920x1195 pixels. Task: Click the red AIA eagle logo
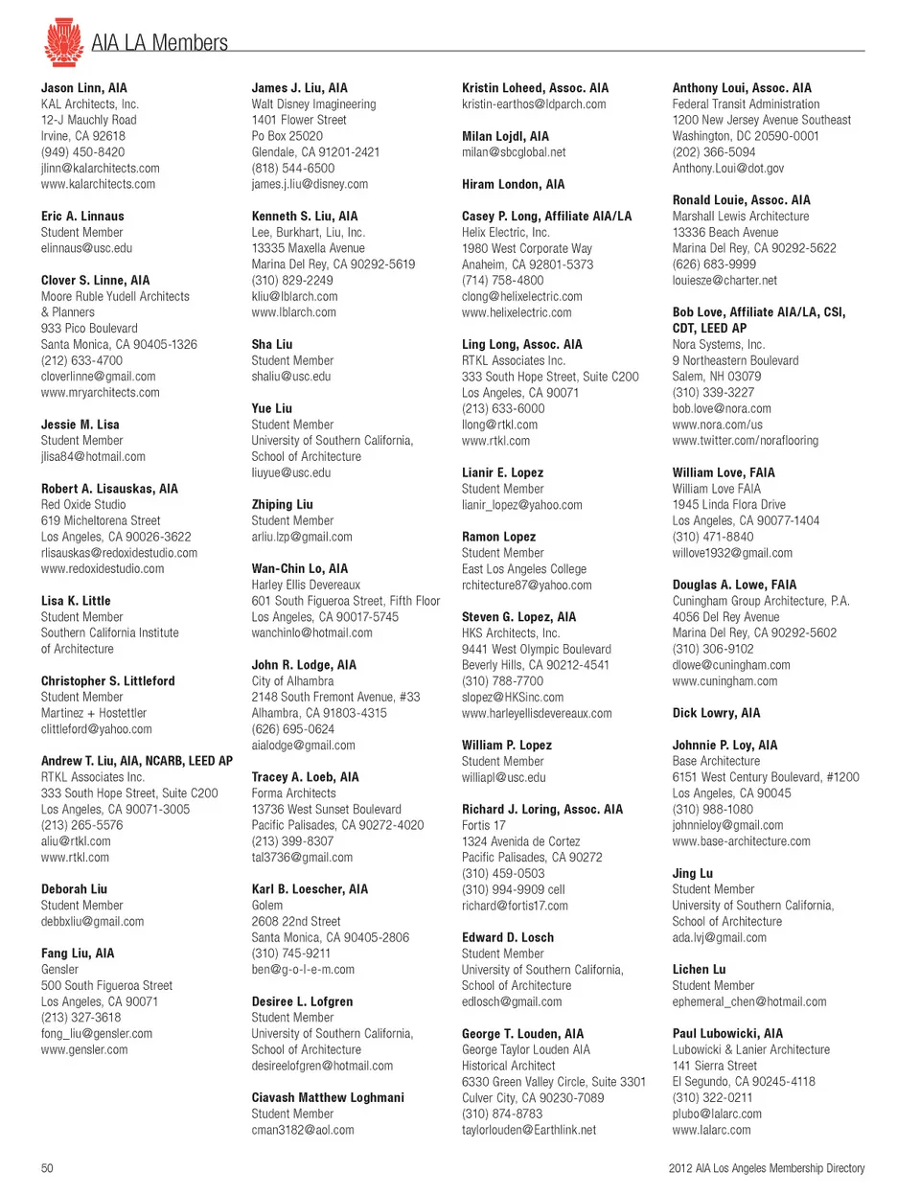pyautogui.click(x=63, y=41)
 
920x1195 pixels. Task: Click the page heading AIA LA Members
pyautogui.click(x=159, y=43)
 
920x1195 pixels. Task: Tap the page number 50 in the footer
pyautogui.click(x=47, y=1168)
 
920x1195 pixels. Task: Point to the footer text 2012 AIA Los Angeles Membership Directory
pyautogui.click(x=766, y=1168)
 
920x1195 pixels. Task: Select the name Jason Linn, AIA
pyautogui.click(x=83, y=88)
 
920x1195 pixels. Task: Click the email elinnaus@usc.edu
pyautogui.click(x=86, y=248)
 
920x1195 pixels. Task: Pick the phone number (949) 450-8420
pyautogui.click(x=82, y=152)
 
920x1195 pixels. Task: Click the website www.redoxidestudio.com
pyautogui.click(x=103, y=569)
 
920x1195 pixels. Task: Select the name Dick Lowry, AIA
pyautogui.click(x=716, y=713)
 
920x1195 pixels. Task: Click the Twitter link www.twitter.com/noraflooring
pyautogui.click(x=745, y=441)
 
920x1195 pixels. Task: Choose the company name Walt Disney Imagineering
pyautogui.click(x=313, y=104)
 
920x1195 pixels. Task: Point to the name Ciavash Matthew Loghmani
pyautogui.click(x=328, y=1098)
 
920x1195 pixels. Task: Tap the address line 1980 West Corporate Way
pyautogui.click(x=527, y=248)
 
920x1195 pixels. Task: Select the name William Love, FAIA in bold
pyautogui.click(x=724, y=472)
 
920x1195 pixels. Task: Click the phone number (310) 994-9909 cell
pyautogui.click(x=514, y=889)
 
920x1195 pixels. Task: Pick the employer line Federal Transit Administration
pyautogui.click(x=746, y=104)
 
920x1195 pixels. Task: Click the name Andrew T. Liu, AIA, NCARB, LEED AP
pyautogui.click(x=137, y=761)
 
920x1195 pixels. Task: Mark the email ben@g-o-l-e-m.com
pyautogui.click(x=303, y=970)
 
